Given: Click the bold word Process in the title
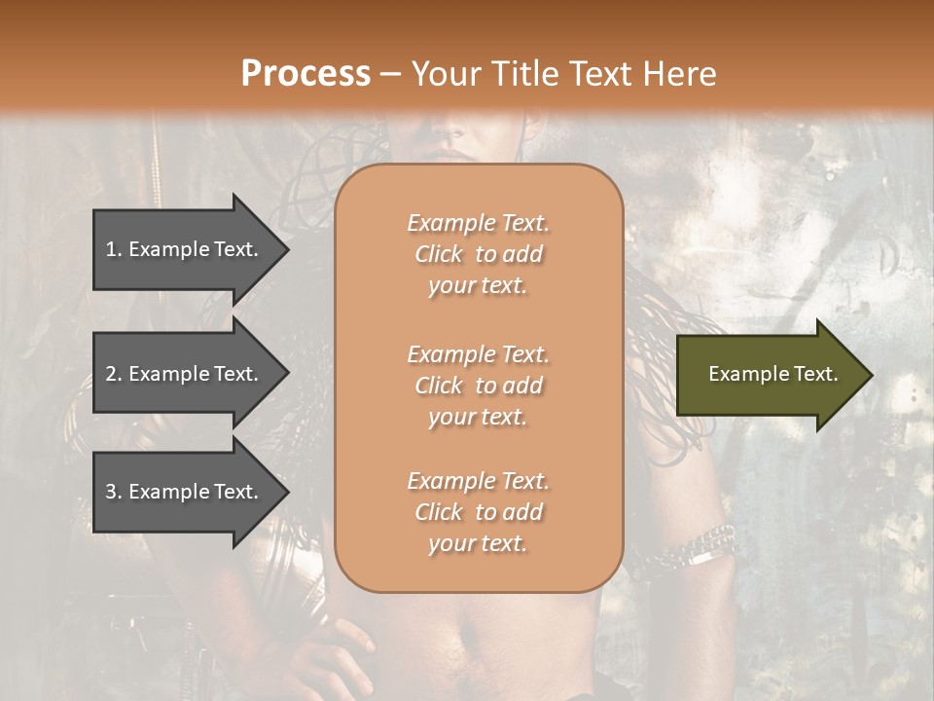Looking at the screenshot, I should (x=305, y=73).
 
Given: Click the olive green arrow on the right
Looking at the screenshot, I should (x=769, y=375).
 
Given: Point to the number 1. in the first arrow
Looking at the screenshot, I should (x=114, y=249).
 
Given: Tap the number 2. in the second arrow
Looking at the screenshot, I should (x=114, y=374).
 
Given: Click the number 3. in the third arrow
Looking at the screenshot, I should (x=114, y=492).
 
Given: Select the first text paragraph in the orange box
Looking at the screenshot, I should (x=478, y=254).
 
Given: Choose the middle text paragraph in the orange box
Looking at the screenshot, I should (x=478, y=386).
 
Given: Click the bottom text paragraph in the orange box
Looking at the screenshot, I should (x=478, y=512).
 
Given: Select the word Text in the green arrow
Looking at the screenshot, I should (x=816, y=374).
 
